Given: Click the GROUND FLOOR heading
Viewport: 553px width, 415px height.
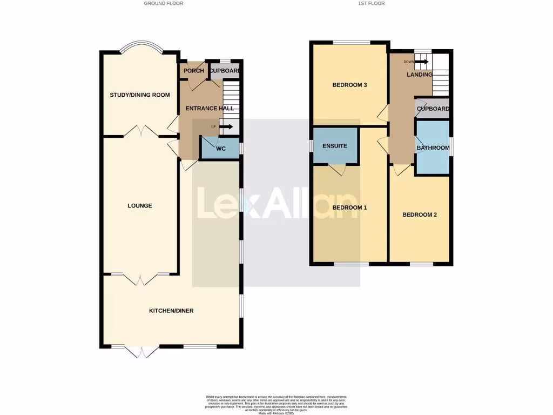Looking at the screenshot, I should point(163,3).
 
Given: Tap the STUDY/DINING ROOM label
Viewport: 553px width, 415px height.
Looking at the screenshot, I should point(140,95).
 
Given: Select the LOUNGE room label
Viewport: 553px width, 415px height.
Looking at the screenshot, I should point(140,206).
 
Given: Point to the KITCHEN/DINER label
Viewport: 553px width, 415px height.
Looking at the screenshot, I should point(171,311).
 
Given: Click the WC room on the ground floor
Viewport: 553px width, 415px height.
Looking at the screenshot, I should point(221,149).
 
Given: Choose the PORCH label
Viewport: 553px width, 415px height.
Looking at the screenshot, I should point(194,71).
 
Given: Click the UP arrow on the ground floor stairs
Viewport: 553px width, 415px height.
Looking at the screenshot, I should point(226,127).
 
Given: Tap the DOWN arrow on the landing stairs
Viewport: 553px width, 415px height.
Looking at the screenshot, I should point(422,62).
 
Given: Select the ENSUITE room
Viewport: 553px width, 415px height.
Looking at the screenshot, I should point(334,146).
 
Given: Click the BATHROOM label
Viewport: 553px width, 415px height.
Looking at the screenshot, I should point(433,148).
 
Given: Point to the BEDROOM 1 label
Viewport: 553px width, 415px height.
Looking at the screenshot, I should point(349,208).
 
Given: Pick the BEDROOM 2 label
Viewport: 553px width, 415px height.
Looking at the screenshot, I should point(420,215).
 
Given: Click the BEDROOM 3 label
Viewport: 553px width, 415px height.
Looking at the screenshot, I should point(349,85).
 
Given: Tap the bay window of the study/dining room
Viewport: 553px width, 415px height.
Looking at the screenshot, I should point(140,48).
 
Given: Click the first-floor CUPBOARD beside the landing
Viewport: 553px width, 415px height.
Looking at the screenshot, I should point(433,109).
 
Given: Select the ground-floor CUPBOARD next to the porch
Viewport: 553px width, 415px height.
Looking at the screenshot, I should point(225,71).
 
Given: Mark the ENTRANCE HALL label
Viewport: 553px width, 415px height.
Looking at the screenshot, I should point(210,109).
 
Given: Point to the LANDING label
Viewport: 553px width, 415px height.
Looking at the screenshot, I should point(419,75).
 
